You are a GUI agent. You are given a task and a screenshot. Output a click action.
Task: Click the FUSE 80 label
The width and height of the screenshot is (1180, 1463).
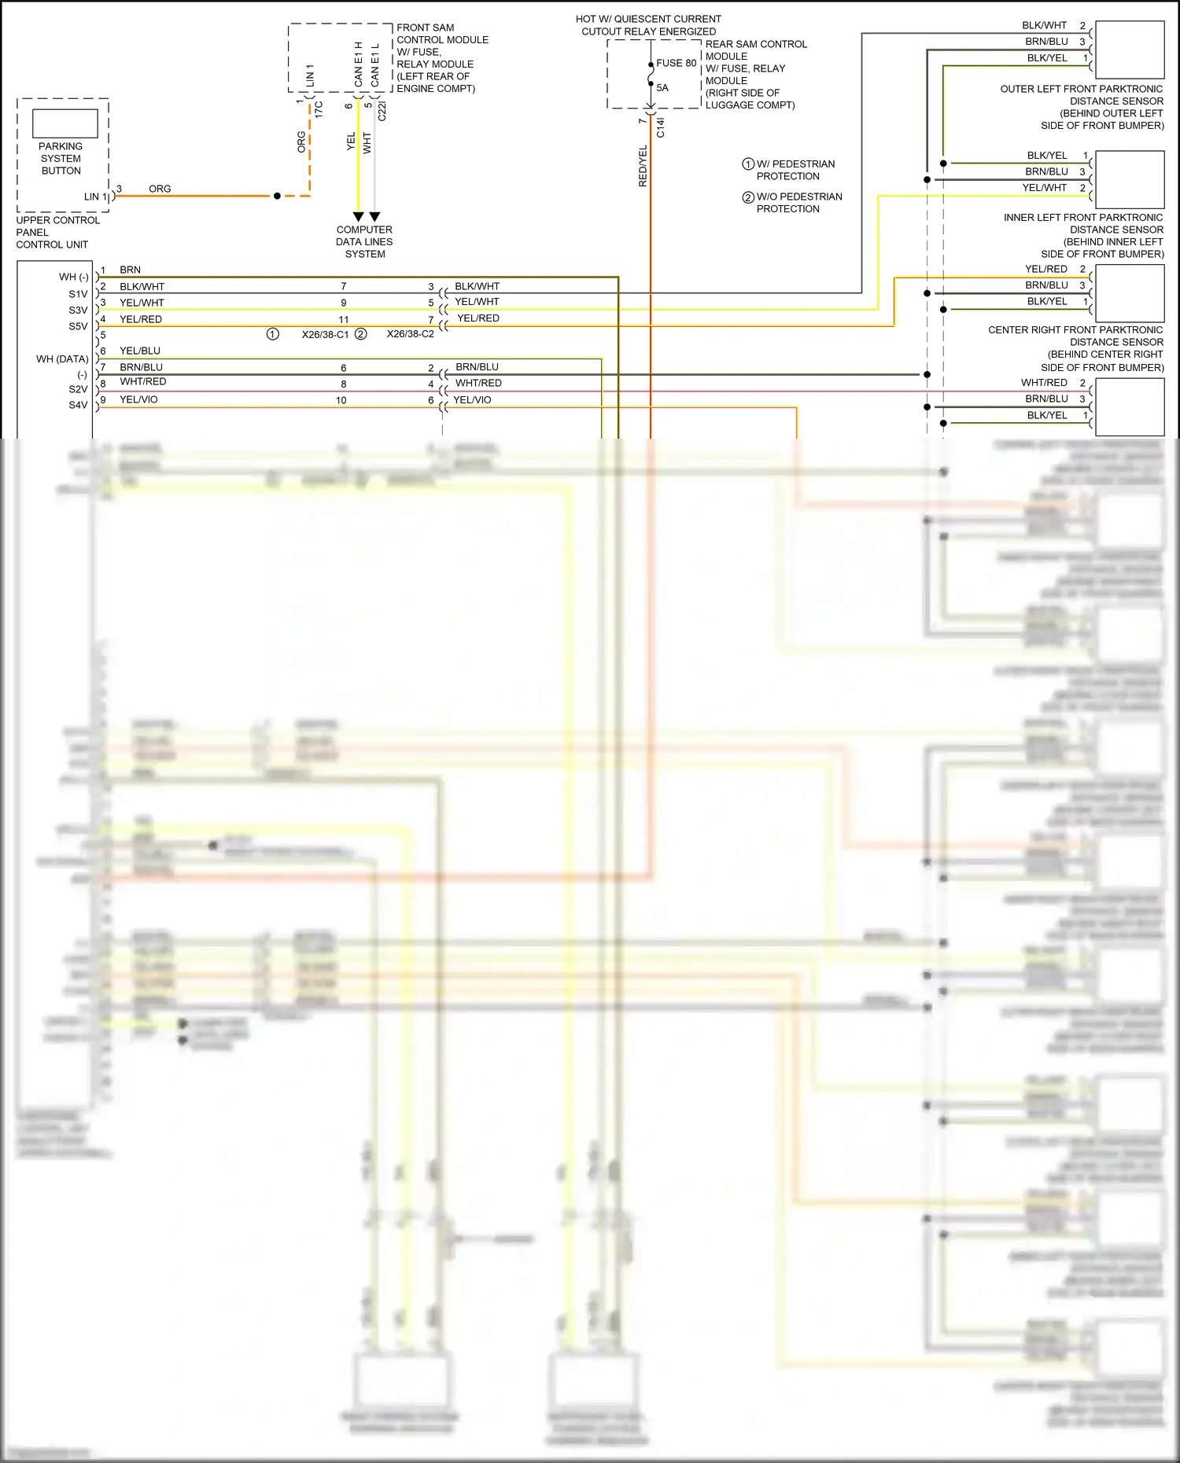coord(676,63)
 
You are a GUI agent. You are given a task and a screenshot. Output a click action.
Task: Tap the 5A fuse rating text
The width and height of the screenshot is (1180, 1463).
coord(662,88)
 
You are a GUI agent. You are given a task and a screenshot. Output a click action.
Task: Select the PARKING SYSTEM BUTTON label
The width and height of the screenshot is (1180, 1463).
coord(61,158)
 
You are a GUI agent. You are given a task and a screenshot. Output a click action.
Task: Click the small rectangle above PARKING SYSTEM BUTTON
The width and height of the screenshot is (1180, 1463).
coord(65,123)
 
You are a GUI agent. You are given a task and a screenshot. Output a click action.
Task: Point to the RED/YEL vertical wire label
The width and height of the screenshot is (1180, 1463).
coord(643,166)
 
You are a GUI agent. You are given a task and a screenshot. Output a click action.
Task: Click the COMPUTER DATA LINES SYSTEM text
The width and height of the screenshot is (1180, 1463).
coord(364,242)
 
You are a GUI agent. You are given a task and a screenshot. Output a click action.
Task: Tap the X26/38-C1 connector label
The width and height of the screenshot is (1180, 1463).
coord(325,334)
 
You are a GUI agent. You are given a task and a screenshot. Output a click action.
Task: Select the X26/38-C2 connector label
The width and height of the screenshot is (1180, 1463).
coord(410,334)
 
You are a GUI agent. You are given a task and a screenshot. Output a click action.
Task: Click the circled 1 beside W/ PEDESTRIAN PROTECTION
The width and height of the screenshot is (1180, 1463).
coord(748,164)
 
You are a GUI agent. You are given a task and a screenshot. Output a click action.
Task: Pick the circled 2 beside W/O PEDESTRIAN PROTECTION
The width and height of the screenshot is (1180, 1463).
coord(748,197)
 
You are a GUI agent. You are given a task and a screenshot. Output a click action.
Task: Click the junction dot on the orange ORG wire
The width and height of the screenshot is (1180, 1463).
coord(277,196)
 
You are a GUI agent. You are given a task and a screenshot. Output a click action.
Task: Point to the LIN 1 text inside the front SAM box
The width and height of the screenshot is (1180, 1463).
coord(310,75)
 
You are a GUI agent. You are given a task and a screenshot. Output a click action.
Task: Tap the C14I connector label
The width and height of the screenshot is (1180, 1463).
coord(660,127)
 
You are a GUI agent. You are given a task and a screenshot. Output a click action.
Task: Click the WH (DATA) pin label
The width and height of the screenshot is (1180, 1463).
coord(62,359)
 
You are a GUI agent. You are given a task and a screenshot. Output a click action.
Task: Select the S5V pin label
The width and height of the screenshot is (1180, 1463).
coord(78,326)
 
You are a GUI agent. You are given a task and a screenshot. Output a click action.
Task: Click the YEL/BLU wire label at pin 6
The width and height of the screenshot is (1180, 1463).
coord(140,351)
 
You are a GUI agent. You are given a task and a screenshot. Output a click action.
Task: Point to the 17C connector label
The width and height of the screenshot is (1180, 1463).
coord(319,110)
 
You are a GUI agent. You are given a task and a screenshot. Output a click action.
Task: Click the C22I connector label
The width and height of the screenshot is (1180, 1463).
coord(382,110)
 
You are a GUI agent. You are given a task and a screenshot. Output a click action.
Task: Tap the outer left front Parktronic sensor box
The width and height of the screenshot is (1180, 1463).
coord(1129,50)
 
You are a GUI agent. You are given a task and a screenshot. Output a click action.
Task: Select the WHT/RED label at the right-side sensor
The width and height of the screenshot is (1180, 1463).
coord(1044,383)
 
